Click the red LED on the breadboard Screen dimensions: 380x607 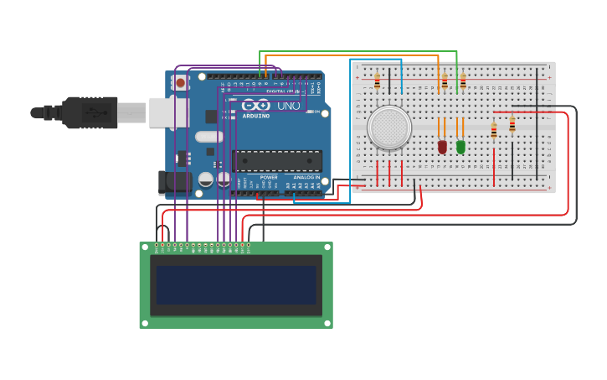[x=442, y=147]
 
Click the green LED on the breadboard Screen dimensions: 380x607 [x=460, y=147]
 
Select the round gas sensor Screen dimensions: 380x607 [x=389, y=127]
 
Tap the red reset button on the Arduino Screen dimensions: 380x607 [x=180, y=83]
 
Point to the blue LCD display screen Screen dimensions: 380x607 [x=236, y=285]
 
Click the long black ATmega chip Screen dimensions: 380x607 [x=277, y=160]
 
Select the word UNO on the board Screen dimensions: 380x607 [x=289, y=106]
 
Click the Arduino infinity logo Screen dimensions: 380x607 [x=257, y=106]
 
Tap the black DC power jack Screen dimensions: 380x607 [x=169, y=184]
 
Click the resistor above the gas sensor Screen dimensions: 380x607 [x=377, y=81]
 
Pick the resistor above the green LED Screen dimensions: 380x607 [x=462, y=81]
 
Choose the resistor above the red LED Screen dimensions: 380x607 [x=444, y=81]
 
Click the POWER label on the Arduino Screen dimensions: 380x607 [x=269, y=177]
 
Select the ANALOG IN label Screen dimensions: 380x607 [x=306, y=177]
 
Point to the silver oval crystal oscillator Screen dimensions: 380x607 [x=209, y=137]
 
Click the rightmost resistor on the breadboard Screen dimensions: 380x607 [x=512, y=125]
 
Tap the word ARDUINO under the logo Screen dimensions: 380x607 [x=256, y=116]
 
